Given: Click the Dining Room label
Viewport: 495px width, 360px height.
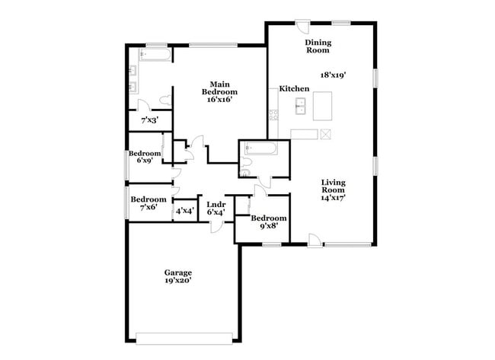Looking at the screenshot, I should [318, 46].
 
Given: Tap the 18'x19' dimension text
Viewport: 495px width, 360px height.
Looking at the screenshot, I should [356, 75].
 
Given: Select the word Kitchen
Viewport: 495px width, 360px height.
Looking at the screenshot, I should [294, 89].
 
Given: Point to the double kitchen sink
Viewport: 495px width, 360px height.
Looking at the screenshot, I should [302, 106].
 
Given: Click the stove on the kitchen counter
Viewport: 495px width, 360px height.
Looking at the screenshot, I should [272, 115].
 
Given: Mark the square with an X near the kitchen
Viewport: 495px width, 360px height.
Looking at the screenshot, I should [326, 134].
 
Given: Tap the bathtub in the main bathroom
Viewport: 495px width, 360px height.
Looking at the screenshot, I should [155, 56].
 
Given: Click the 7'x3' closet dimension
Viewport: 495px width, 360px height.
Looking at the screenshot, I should [150, 120].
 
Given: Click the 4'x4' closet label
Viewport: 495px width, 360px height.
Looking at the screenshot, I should [184, 211].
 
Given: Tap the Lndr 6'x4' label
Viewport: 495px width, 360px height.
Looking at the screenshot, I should [216, 207].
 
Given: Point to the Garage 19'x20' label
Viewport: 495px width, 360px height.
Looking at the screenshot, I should [178, 276].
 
